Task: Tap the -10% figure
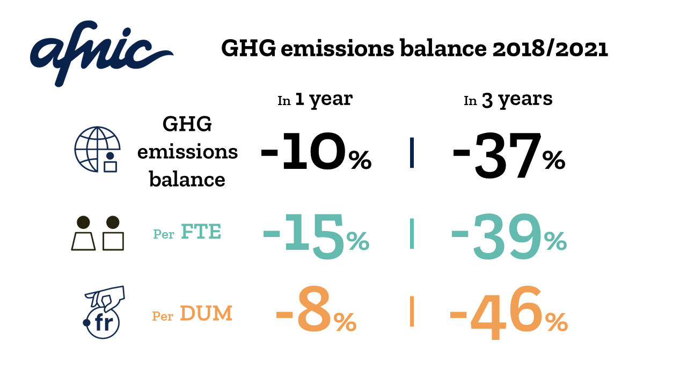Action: (316, 153)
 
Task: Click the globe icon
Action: (96, 149)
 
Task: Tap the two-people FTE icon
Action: (97, 233)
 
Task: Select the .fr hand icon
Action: (103, 312)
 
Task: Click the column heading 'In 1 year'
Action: (315, 99)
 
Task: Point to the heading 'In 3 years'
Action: (508, 100)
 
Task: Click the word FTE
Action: (201, 233)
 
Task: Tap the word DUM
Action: (206, 314)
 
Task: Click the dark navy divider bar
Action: (412, 153)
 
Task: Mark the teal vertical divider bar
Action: (412, 233)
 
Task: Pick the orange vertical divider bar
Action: (412, 311)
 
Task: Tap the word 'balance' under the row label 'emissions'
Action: (187, 179)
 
